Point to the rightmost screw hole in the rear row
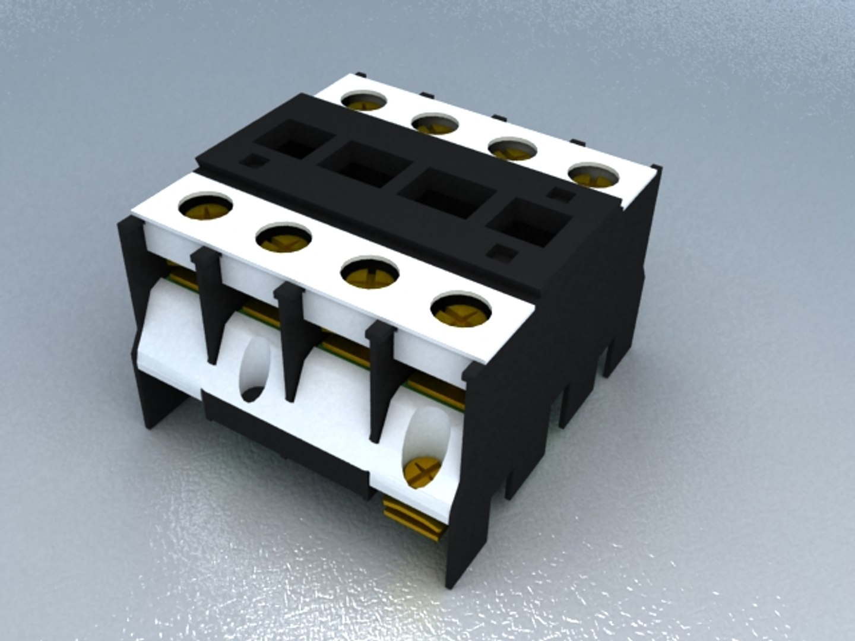(x=593, y=173)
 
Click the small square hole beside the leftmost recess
(x=256, y=160)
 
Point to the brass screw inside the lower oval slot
(x=422, y=471)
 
